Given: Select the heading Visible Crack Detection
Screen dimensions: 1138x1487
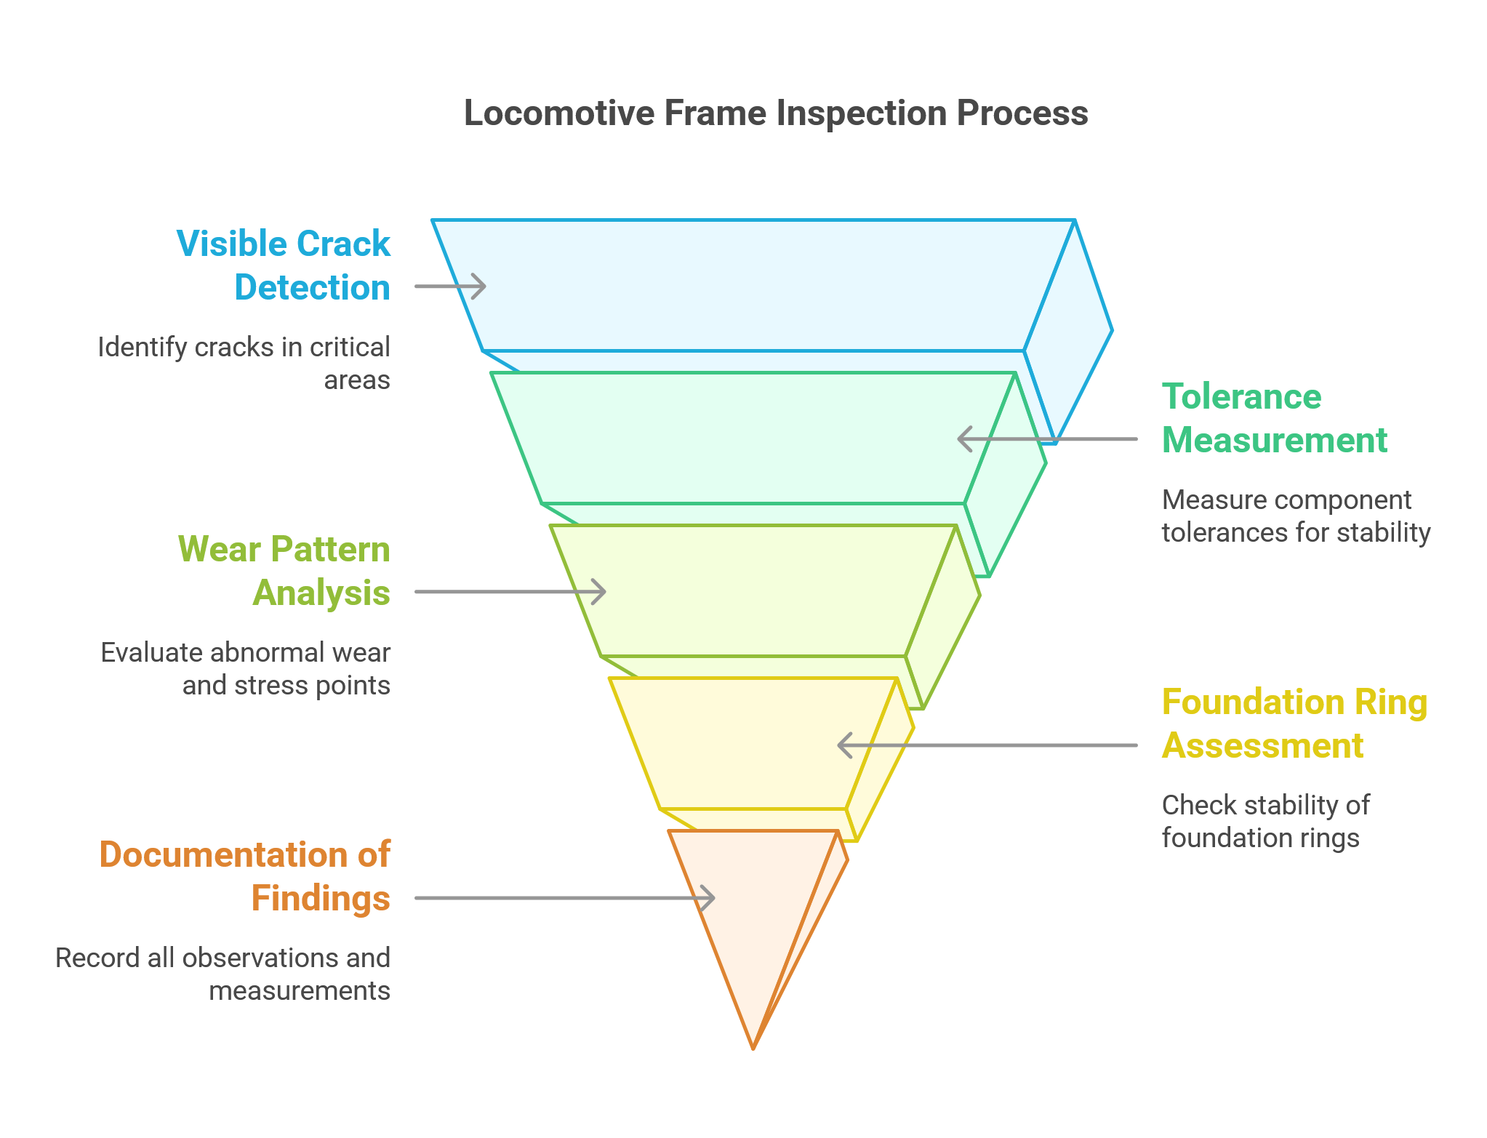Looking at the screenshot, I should [x=284, y=265].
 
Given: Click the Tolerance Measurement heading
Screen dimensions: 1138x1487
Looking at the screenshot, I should [x=1274, y=419].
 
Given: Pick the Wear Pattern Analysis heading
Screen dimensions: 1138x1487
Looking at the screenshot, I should [x=284, y=571].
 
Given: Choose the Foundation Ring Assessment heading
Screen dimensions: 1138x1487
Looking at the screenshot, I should [x=1294, y=724].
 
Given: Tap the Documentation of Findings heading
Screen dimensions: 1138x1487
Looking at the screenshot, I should [x=245, y=876].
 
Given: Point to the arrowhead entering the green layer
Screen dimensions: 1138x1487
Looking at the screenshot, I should [x=964, y=439].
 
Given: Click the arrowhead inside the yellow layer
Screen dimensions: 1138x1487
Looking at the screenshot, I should [x=844, y=745].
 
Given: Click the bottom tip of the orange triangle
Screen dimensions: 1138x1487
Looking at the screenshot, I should [x=753, y=1048].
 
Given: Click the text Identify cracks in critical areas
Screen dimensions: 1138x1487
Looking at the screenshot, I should [x=244, y=364].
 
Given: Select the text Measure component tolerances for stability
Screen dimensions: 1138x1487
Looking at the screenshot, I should [x=1295, y=516].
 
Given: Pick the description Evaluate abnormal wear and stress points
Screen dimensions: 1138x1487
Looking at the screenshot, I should [x=246, y=669].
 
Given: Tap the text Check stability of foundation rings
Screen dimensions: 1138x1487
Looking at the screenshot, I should [x=1265, y=822].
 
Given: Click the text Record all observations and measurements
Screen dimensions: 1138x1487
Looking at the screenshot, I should [x=223, y=974].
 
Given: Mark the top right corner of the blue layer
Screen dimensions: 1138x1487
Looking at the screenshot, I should [x=1074, y=220].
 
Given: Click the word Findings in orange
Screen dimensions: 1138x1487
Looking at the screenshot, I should [x=321, y=899].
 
